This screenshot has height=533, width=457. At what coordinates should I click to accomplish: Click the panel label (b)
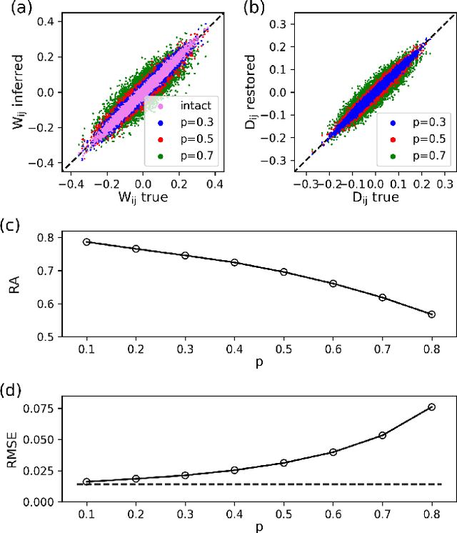255,9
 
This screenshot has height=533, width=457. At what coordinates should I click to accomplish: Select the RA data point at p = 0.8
431,314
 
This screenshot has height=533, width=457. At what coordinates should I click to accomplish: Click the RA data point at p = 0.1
86,242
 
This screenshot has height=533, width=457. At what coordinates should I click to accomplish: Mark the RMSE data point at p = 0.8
431,407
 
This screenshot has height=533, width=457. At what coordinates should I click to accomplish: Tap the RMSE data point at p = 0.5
283,462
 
